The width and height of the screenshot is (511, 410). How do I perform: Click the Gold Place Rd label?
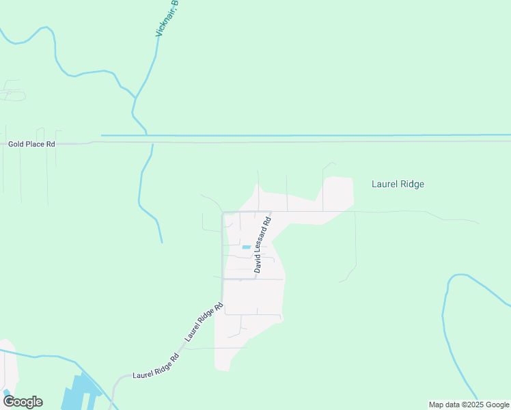coord(31,144)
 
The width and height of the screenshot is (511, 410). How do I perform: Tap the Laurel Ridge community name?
coord(398,184)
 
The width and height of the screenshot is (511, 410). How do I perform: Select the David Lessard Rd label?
coord(262,245)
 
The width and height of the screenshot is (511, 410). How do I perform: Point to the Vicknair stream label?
coord(166,18)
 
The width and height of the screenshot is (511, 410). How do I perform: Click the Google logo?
coord(23,401)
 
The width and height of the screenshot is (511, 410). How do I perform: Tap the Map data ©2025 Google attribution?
coord(469,405)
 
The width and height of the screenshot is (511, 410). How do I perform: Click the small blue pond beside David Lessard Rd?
coord(246,247)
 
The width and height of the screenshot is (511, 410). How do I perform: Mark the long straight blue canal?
coord(307,135)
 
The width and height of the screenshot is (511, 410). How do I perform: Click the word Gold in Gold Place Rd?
coord(16,144)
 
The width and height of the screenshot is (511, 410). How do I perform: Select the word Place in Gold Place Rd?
coord(35,144)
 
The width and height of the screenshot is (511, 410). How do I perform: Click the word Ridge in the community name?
coord(412,184)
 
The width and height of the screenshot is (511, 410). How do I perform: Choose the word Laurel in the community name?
coord(384,184)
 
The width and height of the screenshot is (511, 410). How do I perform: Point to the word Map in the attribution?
coord(436,405)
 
